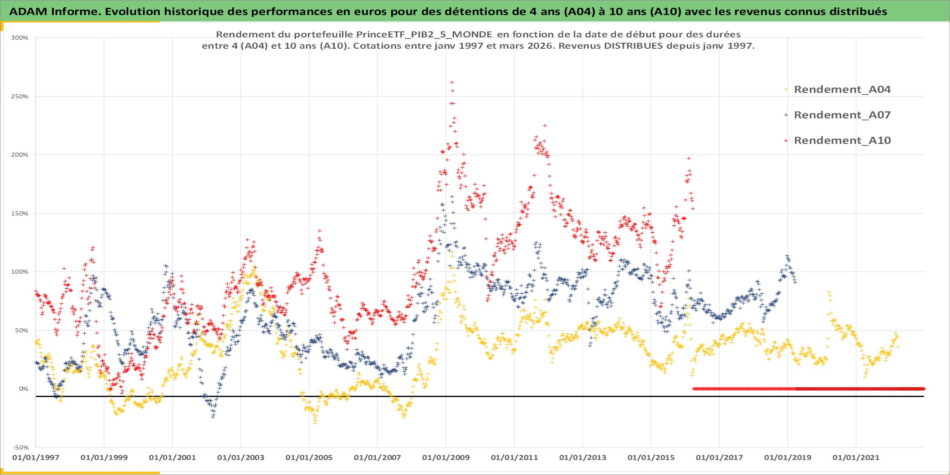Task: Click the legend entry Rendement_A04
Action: click(842, 90)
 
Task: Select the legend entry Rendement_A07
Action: click(842, 115)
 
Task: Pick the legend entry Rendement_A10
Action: click(842, 141)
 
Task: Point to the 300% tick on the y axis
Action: click(20, 38)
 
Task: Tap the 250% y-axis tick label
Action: click(20, 97)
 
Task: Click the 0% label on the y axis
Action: click(23, 389)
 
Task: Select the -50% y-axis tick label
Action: click(20, 447)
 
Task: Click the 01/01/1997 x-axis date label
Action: click(36, 457)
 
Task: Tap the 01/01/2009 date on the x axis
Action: click(446, 457)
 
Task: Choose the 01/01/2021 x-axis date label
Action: click(856, 457)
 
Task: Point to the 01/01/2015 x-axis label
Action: click(651, 457)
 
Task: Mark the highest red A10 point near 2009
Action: click(452, 82)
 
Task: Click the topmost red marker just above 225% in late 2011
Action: click(545, 126)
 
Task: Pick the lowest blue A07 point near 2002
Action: click(213, 416)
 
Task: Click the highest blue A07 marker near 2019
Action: click(787, 256)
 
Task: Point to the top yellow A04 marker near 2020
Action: click(829, 292)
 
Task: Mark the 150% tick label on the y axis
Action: click(20, 214)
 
